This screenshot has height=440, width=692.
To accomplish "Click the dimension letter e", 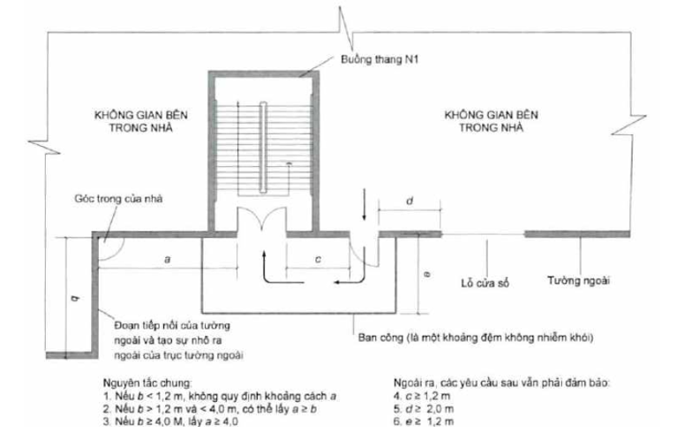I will [x=426, y=276].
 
